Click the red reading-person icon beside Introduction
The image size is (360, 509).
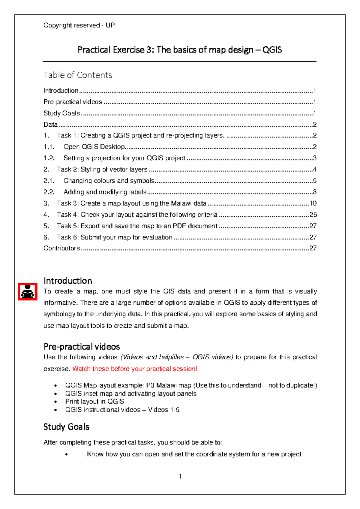[x=28, y=291]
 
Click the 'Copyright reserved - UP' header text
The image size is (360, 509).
[x=79, y=25]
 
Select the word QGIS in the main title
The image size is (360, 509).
[x=272, y=50]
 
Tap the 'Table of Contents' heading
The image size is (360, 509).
[x=78, y=75]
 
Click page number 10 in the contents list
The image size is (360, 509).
[x=313, y=203]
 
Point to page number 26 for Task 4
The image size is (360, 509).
[x=313, y=215]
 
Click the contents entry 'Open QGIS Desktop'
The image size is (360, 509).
[x=94, y=147]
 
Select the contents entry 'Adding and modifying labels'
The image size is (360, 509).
[x=105, y=192]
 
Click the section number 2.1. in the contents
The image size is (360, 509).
[x=49, y=181]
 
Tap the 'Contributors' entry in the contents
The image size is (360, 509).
[x=61, y=248]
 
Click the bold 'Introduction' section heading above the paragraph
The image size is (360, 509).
[x=68, y=281]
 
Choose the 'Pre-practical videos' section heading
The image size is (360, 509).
[x=82, y=347]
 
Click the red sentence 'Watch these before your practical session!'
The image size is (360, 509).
[x=135, y=369]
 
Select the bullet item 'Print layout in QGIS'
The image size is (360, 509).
[x=94, y=402]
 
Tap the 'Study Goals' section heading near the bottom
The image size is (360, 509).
[x=66, y=427]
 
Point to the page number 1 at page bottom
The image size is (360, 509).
[x=180, y=476]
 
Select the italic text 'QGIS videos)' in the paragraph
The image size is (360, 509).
[x=213, y=357]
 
